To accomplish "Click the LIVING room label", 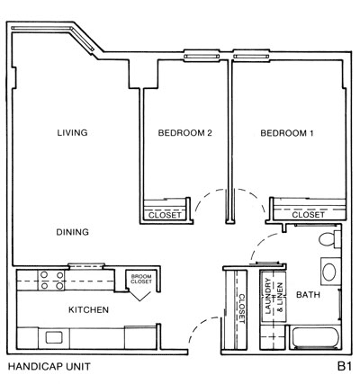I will (x=71, y=133).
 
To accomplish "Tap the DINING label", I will (x=71, y=232).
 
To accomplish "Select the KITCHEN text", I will (x=89, y=310).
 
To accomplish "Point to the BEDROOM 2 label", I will (x=184, y=133).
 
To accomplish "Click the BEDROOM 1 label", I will (x=287, y=133).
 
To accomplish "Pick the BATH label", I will (x=309, y=294).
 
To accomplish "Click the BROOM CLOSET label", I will (x=139, y=279).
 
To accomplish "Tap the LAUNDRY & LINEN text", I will (x=272, y=297).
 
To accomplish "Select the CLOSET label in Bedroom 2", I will (x=165, y=215).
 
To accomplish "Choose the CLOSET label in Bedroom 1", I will (x=308, y=215).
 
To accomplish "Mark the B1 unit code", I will (x=344, y=367).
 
